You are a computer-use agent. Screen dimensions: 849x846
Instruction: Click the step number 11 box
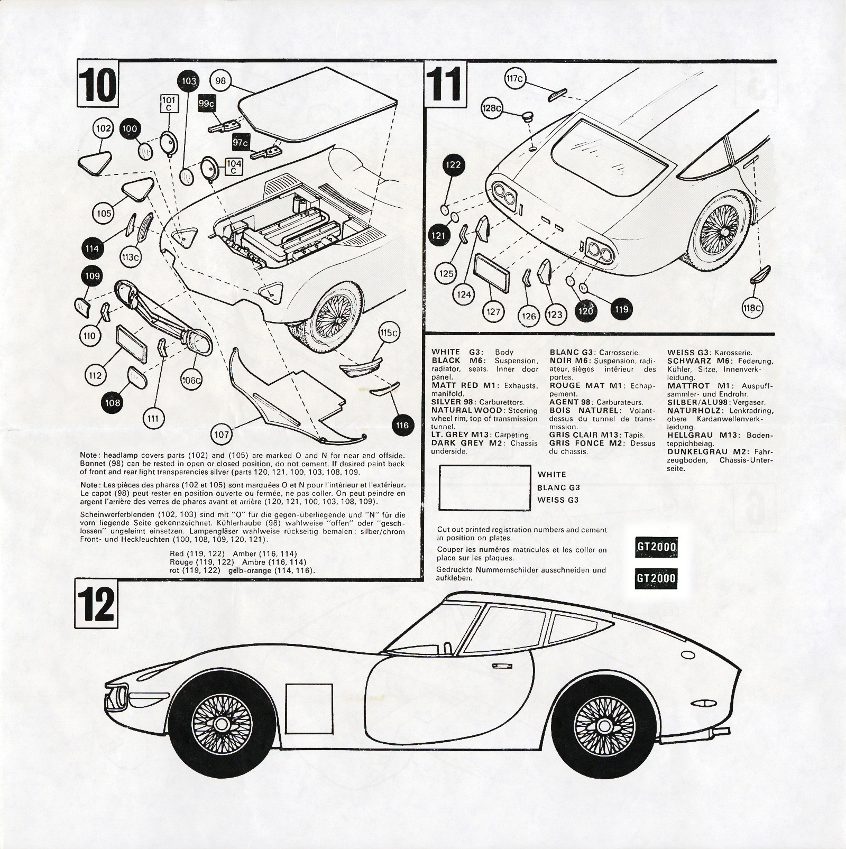coord(446,84)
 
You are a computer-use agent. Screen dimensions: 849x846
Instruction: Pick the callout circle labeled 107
coord(222,434)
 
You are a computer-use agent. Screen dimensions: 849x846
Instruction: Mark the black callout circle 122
coord(453,164)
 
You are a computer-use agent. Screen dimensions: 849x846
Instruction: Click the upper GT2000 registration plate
coord(656,547)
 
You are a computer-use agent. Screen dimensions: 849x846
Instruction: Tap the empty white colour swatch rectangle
coord(484,487)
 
